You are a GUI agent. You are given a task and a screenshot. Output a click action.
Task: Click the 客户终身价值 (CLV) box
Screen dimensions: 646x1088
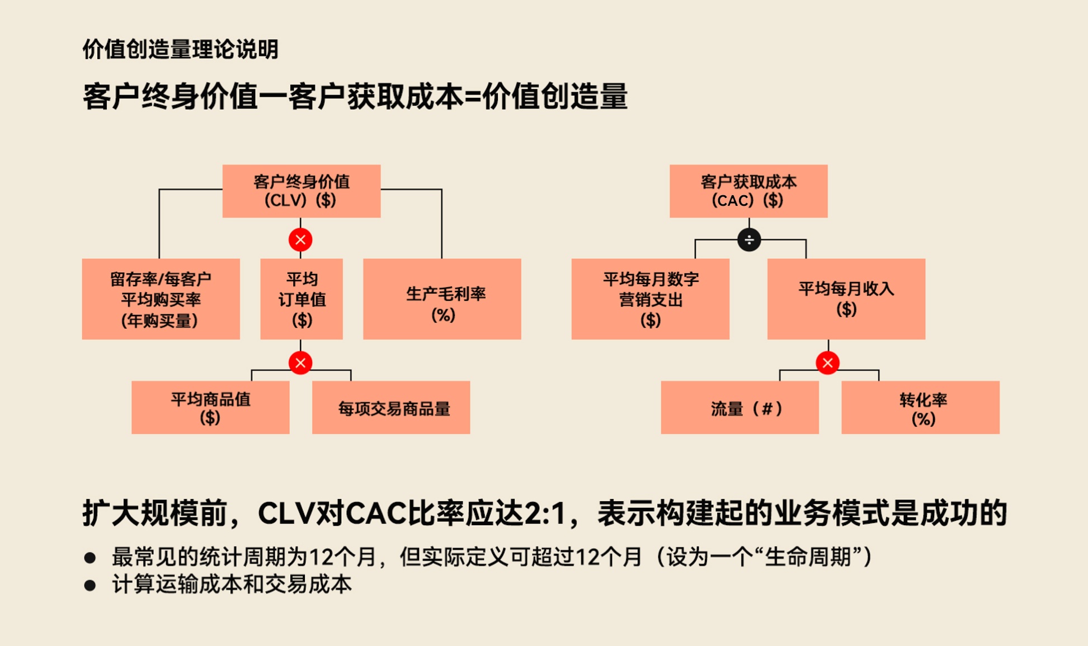[x=302, y=191]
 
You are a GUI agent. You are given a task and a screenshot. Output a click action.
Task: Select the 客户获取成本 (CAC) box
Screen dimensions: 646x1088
[x=748, y=191]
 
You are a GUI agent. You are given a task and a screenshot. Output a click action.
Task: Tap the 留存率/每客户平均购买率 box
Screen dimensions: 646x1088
[x=161, y=299]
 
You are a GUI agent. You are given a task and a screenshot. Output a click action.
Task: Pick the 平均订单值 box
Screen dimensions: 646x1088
[x=302, y=299]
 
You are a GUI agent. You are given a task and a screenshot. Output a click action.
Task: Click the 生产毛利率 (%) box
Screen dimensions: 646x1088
[x=442, y=299]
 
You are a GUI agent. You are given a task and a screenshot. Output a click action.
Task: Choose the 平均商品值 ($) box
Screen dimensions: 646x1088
[x=210, y=407]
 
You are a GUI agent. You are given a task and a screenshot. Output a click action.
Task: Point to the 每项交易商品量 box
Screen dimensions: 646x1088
[x=391, y=407]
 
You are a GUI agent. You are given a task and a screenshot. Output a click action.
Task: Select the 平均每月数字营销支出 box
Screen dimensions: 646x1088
[x=650, y=299]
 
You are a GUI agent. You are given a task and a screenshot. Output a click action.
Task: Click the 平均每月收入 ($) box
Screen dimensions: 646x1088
[x=846, y=299]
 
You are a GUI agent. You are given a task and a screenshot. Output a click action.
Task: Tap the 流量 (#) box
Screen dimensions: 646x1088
[x=740, y=407]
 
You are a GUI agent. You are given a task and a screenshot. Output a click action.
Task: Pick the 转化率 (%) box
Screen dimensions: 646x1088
[x=920, y=407]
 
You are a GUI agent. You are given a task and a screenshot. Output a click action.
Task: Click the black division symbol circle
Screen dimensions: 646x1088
[x=749, y=240]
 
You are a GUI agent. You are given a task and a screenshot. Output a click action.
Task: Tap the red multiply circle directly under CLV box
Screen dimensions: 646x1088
[x=300, y=240]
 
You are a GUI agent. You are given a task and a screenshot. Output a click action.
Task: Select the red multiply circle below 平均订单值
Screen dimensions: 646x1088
[x=300, y=363]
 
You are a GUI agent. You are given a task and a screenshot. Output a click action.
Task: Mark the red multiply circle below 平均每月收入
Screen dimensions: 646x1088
[x=827, y=363]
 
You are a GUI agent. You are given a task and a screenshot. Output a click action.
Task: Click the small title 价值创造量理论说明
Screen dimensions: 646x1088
[x=180, y=49]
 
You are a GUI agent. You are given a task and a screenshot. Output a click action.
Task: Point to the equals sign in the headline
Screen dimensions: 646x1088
[x=473, y=97]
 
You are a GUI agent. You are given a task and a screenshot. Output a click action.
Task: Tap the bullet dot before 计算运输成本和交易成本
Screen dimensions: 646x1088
[x=90, y=585]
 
